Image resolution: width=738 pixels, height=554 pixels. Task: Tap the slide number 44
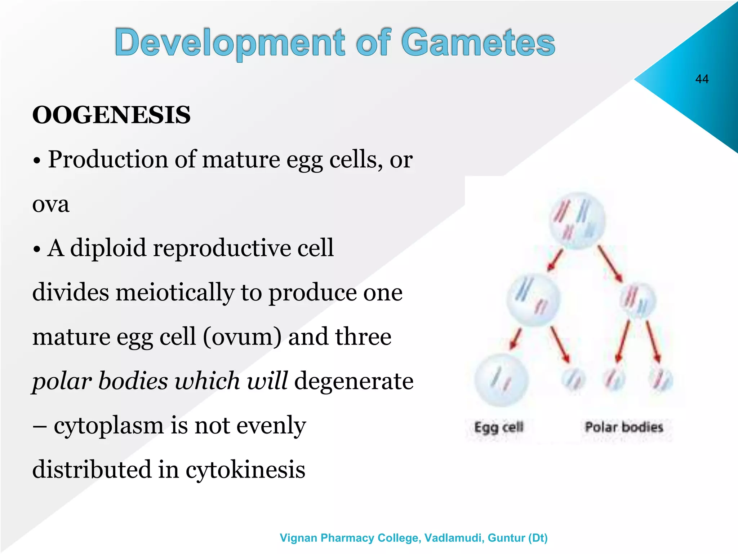point(702,79)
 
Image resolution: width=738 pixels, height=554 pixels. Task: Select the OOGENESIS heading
point(111,115)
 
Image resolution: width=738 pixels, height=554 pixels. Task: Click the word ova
point(51,204)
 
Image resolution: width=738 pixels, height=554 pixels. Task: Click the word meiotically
point(175,293)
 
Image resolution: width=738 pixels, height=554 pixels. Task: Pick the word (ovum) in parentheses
point(242,337)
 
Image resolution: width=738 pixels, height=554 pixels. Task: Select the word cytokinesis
point(245,470)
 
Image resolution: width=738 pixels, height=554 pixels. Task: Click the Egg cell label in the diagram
point(498,427)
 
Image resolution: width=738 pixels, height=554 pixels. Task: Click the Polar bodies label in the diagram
point(624,427)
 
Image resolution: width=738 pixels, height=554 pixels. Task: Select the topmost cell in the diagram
point(577,221)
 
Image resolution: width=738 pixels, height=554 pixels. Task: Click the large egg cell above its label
point(501,380)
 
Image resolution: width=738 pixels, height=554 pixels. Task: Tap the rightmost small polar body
point(661,380)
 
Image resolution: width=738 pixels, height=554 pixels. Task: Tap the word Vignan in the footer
point(299,538)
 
